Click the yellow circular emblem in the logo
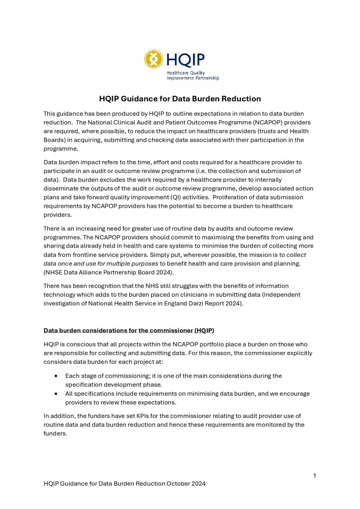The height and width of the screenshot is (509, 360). coord(154,59)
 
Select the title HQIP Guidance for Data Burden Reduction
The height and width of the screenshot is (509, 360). coord(180,98)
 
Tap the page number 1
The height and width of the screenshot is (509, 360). coord(315,476)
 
